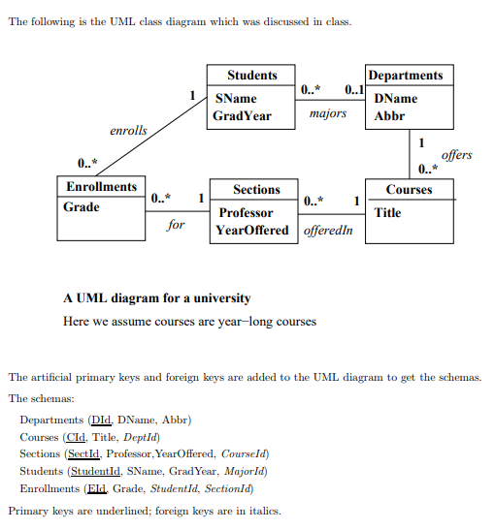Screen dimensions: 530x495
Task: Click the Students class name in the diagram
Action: pos(251,76)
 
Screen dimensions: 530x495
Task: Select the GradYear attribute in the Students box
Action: pos(242,116)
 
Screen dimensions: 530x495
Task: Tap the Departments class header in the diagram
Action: pos(407,76)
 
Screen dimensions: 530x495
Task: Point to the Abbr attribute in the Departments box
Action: pos(389,116)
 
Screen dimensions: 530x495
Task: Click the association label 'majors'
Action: pos(327,114)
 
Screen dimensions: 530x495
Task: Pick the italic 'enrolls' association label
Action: pos(128,130)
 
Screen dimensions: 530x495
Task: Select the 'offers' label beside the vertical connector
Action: pos(456,154)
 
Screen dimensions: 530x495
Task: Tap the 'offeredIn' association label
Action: pos(328,232)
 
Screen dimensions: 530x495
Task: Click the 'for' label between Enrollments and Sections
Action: pos(176,224)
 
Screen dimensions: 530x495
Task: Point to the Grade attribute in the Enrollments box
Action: pos(82,207)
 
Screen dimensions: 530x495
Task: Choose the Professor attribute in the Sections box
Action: pos(246,212)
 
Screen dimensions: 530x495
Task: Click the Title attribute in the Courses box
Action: pos(387,212)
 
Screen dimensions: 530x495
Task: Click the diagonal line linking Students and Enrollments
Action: pos(155,136)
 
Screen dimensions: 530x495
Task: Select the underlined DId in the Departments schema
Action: pos(100,420)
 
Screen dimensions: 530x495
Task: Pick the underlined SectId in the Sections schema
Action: pos(82,453)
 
